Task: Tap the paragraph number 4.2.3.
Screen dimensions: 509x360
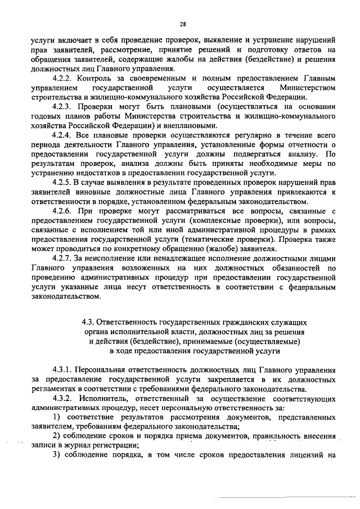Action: [x=62, y=106]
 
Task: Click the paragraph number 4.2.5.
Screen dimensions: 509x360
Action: [x=62, y=183]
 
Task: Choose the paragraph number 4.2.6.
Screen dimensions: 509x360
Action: [x=62, y=210]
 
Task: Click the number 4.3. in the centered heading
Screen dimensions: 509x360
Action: [x=89, y=323]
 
